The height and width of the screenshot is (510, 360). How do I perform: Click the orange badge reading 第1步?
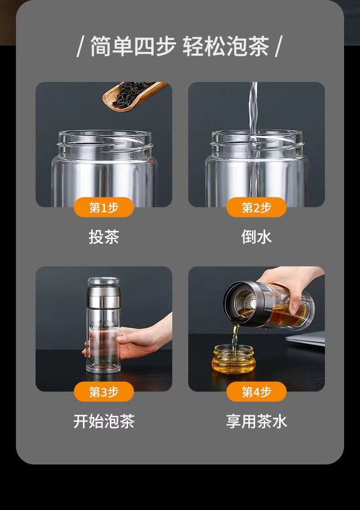coord(104,207)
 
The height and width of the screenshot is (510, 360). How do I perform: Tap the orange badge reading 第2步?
coord(257,207)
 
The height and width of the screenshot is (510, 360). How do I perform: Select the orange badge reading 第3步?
coord(104,392)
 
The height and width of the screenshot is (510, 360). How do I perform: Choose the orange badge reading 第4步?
coord(257,392)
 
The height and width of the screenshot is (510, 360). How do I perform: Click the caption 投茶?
coord(104,237)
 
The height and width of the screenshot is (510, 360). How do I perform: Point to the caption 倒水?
coord(257,237)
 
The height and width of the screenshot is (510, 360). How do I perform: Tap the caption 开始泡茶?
coord(104,421)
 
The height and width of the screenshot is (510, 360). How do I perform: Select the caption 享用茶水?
coord(257,421)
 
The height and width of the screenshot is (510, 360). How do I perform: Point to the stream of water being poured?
coord(253,140)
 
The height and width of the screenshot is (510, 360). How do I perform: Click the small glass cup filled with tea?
coord(234,359)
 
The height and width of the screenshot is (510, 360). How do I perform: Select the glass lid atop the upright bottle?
coord(103,282)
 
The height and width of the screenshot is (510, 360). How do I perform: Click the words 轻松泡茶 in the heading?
coord(226,46)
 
